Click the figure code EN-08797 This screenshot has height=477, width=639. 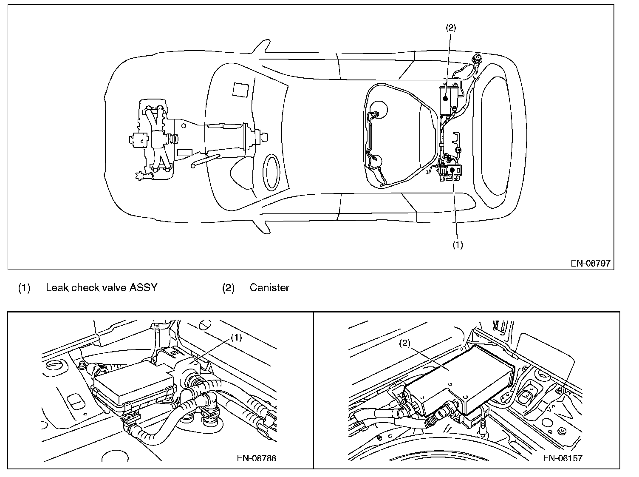tap(590, 263)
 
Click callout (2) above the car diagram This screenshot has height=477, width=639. tap(450, 28)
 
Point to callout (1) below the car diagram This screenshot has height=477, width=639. tap(457, 245)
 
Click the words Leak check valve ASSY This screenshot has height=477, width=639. tap(102, 288)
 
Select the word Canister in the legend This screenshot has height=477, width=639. tap(269, 288)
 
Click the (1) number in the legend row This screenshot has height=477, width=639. tap(24, 288)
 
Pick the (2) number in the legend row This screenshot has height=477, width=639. tap(228, 288)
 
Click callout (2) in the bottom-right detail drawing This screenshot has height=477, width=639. tap(404, 344)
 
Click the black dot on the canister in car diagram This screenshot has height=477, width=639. tap(445, 98)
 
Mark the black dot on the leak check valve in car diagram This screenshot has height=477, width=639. tap(453, 169)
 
